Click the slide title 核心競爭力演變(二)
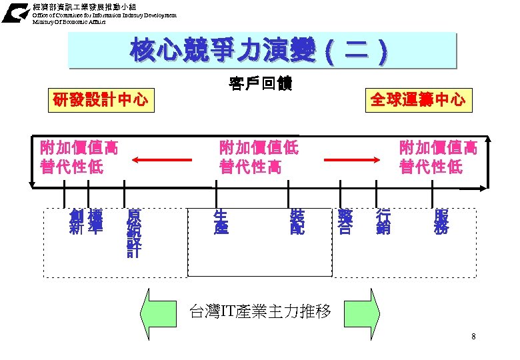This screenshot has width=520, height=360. tap(261, 51)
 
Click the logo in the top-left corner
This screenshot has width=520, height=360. tap(15, 13)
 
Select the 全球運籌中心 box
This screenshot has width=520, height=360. tap(418, 100)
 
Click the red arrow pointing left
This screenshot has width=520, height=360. tap(157, 159)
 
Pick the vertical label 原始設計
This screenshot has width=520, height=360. tap(134, 233)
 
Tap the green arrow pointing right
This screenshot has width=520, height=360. tap(366, 310)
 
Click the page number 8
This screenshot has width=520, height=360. tap(473, 337)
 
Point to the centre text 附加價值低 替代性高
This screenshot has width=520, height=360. tap(259, 157)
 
